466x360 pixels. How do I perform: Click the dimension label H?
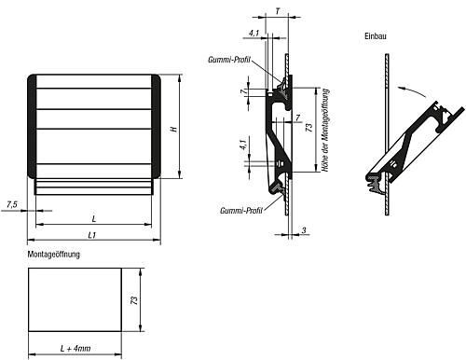coord(174,128)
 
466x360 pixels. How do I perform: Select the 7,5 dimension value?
coord(12,204)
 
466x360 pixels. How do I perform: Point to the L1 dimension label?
coord(92,235)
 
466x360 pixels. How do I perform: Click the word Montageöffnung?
coord(54,255)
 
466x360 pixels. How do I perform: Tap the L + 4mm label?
coord(75,349)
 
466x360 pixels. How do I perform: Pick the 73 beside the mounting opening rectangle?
coord(134,300)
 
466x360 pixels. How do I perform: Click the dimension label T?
coord(277,11)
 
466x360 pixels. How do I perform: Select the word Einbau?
coord(376,36)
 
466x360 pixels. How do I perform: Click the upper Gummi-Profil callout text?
coord(229,60)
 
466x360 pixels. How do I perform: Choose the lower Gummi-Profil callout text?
coord(241,211)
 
